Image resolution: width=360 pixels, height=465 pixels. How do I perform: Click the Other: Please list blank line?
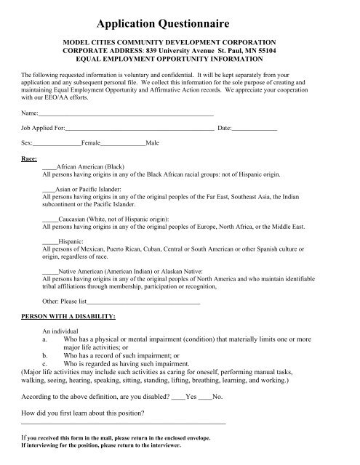click(143, 300)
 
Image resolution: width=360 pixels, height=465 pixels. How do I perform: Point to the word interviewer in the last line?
click(162, 445)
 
